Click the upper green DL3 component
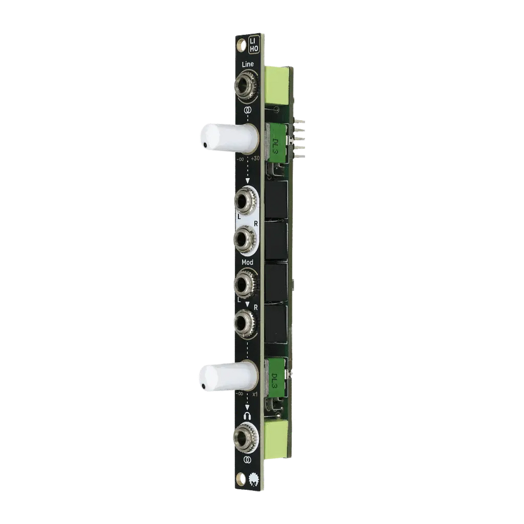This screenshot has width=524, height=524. [277, 144]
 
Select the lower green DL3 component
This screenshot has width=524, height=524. [276, 378]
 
